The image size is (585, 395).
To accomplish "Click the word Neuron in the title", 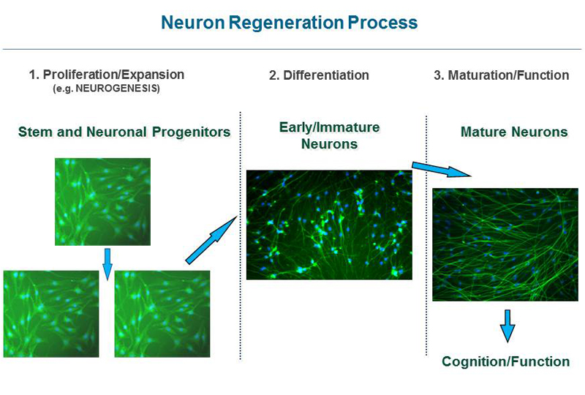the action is click(192, 23).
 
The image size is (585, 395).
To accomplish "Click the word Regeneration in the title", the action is click(286, 23).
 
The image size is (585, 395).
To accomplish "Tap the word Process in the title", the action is click(383, 23).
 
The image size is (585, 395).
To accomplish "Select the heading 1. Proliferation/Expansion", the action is click(107, 75).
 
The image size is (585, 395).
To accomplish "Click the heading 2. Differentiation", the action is click(319, 75).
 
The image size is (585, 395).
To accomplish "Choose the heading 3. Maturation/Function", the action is click(502, 75).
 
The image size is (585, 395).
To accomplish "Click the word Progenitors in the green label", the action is click(191, 132).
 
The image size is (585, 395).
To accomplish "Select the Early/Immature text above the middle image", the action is click(330, 127).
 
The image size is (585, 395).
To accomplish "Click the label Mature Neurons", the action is click(514, 132).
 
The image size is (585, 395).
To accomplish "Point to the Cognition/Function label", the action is click(505, 361).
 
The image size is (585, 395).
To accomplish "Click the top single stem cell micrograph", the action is click(102, 202).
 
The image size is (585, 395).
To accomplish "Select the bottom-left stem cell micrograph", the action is click(51, 314).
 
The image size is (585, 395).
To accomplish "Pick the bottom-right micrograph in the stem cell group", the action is click(162, 314).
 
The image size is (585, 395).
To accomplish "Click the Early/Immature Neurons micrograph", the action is click(329, 225).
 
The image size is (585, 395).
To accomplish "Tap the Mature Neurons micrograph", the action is click(505, 244).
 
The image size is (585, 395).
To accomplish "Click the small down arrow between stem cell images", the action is click(107, 264).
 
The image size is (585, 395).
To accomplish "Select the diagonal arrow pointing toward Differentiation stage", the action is click(211, 240).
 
